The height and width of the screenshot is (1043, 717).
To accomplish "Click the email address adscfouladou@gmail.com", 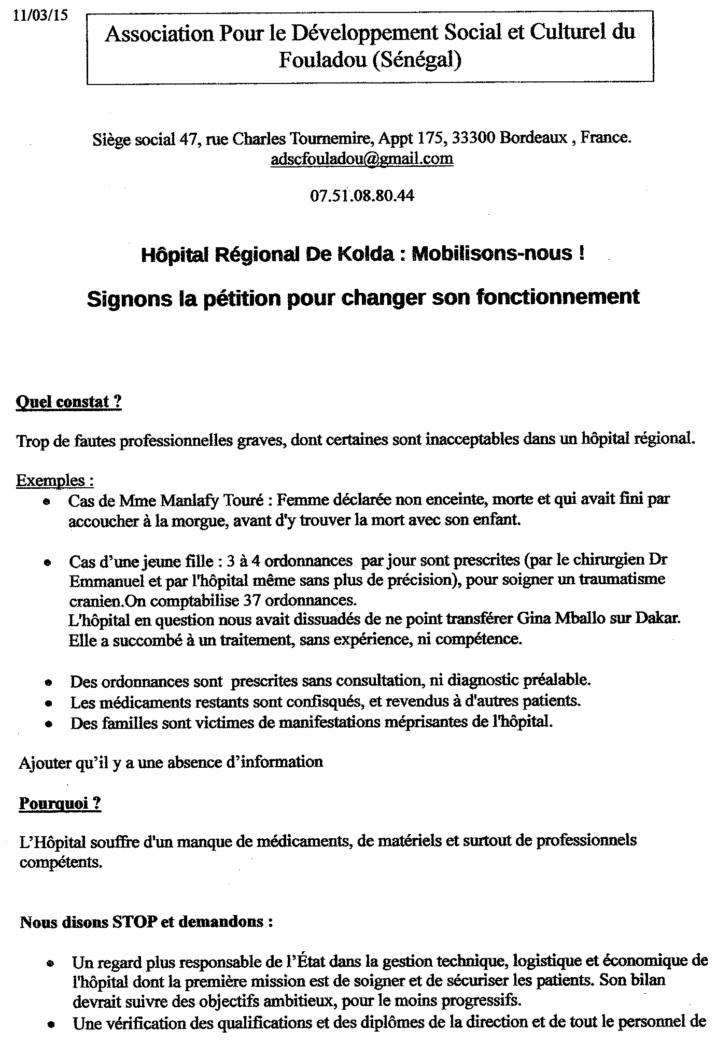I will coord(362,158).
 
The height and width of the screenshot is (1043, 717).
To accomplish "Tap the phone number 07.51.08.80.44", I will coord(362,195).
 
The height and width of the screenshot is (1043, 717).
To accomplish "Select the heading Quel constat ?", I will coord(69,402).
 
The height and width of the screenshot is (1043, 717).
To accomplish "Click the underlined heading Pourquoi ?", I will coord(60,804).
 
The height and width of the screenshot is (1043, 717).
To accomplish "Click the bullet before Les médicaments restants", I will coord(48,704).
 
